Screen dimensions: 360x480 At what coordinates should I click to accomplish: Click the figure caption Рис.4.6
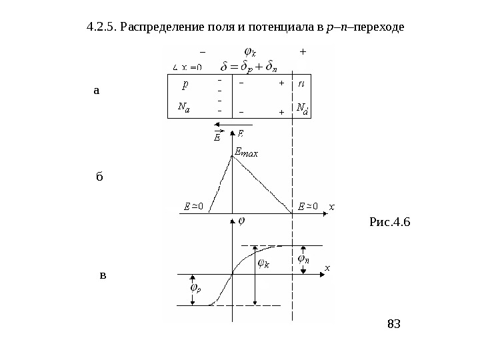390,220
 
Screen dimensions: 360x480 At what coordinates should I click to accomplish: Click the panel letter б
100,177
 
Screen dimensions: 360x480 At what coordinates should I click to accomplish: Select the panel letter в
102,274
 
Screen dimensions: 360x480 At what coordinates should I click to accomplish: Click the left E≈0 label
193,207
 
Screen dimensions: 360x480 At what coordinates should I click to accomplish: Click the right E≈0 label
309,206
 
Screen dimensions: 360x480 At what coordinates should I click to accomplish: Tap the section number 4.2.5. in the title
101,29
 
